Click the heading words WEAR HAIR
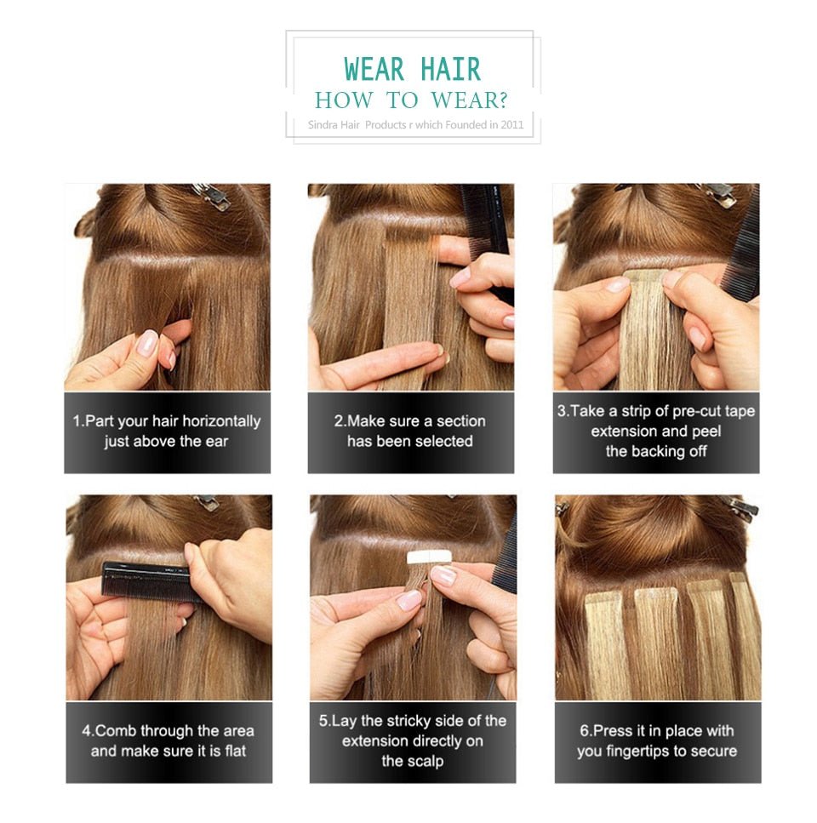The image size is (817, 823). [x=412, y=69]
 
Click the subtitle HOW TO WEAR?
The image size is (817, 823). [x=411, y=100]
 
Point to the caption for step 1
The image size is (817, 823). [x=167, y=432]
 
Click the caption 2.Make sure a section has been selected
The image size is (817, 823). [x=410, y=432]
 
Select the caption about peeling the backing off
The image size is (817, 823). [x=655, y=432]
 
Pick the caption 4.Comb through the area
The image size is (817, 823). [x=169, y=741]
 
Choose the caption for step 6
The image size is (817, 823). [x=657, y=741]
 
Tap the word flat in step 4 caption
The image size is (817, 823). [x=231, y=752]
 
